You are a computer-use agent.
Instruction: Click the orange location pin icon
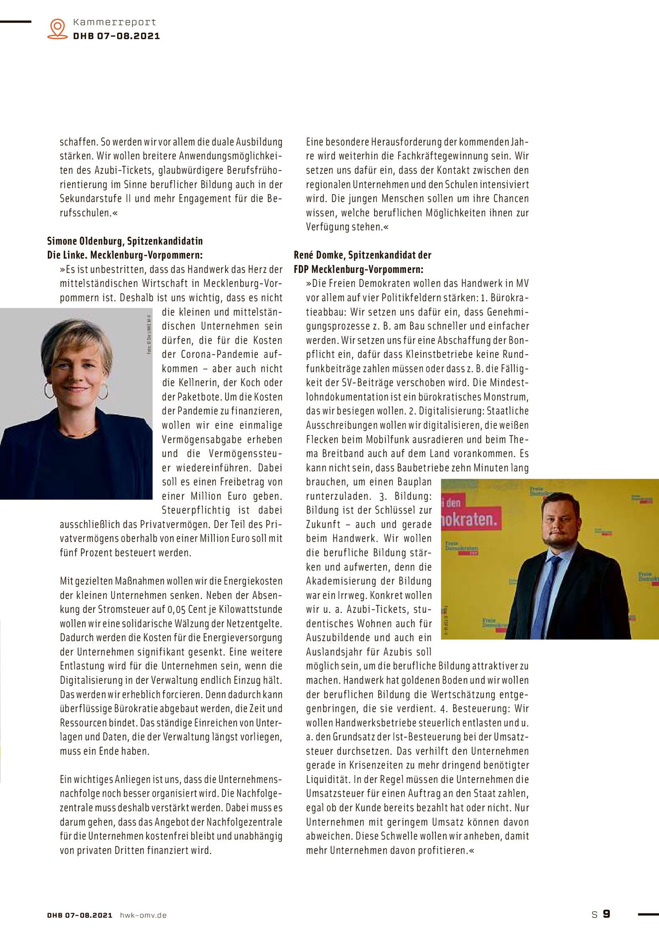click(x=58, y=28)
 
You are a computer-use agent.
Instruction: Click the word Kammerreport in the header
click(x=114, y=22)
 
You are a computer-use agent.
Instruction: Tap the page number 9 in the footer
click(x=606, y=914)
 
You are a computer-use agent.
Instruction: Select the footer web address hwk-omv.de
click(x=143, y=915)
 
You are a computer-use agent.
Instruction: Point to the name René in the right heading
click(x=304, y=255)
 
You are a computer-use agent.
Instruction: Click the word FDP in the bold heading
click(x=302, y=269)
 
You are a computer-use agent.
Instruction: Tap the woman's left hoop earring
click(x=49, y=390)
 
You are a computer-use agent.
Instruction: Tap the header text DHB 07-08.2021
click(x=116, y=36)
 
